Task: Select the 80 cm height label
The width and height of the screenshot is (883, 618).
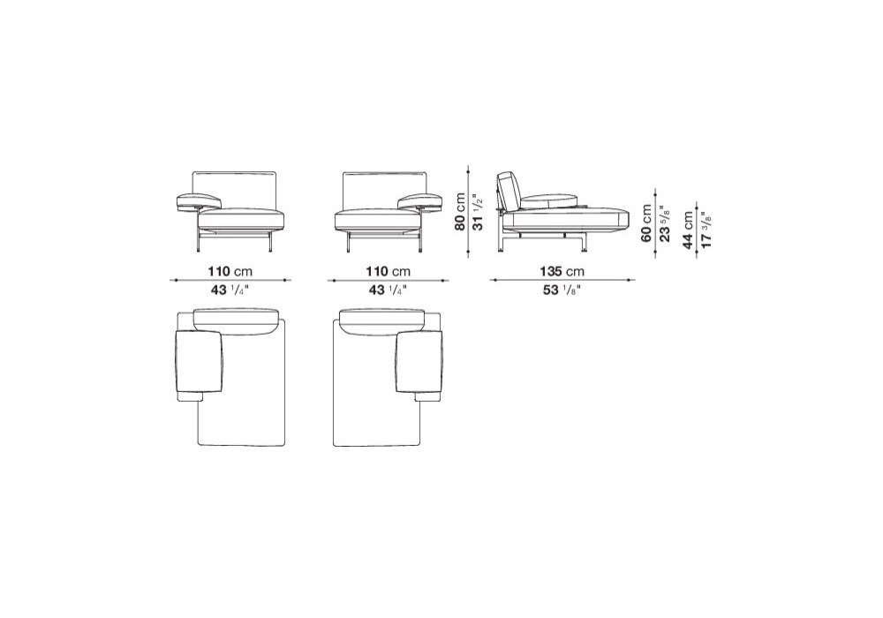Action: [x=461, y=212]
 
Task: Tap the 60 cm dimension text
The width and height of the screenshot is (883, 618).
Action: [x=646, y=222]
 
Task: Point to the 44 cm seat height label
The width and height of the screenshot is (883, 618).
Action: [x=688, y=230]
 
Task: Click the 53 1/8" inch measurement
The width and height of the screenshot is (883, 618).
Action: [x=560, y=290]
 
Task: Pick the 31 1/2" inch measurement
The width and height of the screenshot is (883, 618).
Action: [x=477, y=212]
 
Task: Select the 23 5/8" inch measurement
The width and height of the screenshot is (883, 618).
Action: [x=665, y=222]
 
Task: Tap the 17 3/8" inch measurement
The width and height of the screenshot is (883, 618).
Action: [x=706, y=230]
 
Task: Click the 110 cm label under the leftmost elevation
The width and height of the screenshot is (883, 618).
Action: [x=230, y=271]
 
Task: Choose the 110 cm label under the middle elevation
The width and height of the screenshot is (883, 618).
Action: [x=389, y=271]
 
